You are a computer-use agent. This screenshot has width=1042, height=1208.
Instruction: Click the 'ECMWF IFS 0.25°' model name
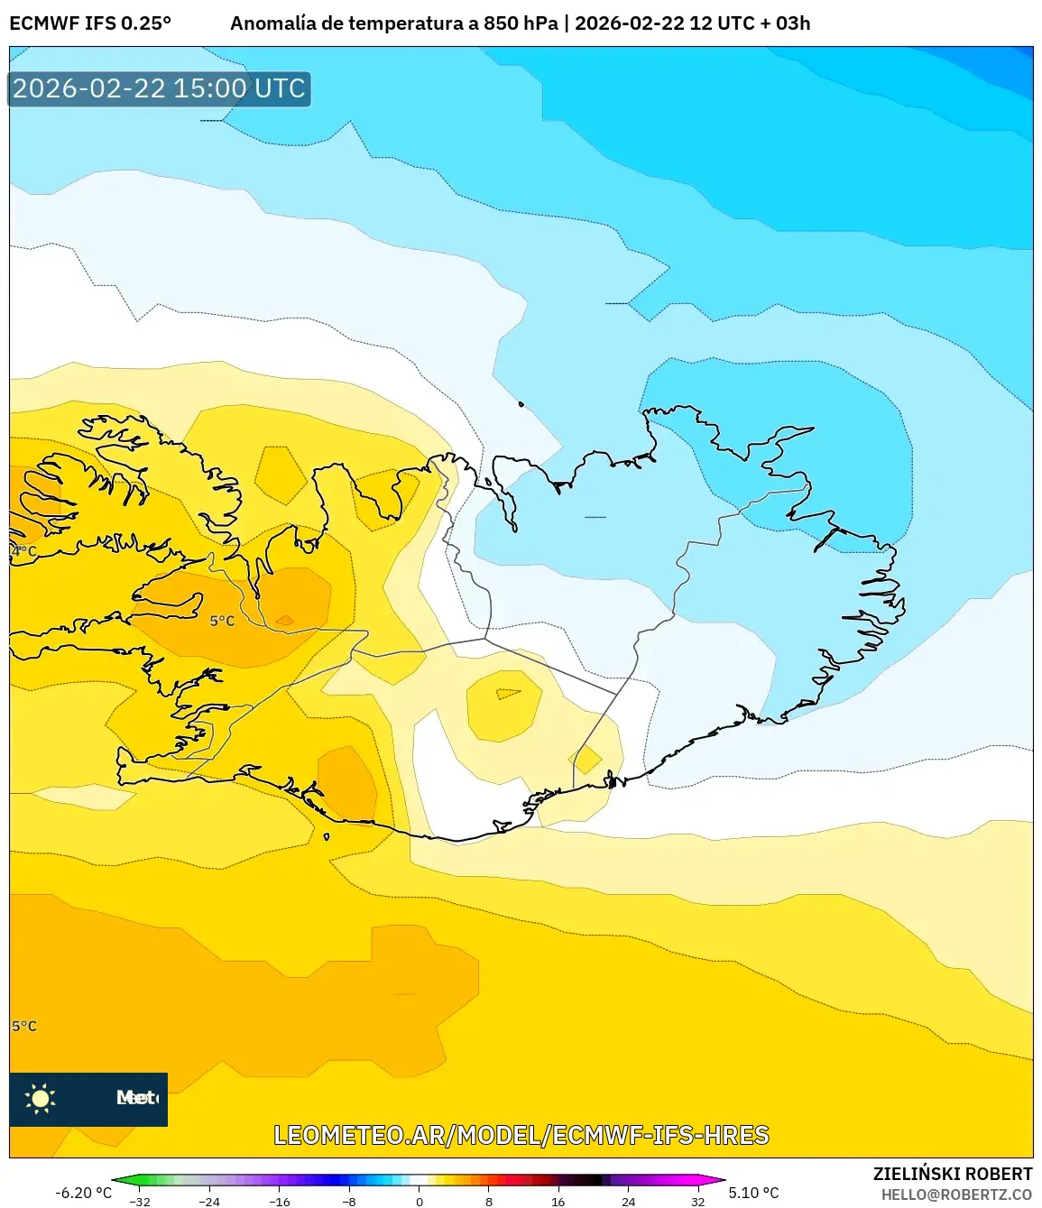(x=90, y=23)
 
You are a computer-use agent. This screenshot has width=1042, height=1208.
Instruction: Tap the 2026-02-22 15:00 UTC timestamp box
(x=160, y=88)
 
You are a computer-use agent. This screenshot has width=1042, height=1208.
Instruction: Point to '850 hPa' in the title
(x=521, y=23)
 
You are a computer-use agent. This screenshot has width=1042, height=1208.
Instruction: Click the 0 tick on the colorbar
(x=419, y=1201)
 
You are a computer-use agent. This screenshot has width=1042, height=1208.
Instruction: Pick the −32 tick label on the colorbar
(x=140, y=1201)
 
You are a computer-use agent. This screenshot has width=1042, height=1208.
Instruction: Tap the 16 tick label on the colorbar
(x=558, y=1201)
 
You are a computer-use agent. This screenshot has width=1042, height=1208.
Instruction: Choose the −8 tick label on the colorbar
(x=348, y=1201)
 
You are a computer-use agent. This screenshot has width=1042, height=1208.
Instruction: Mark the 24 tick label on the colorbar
(x=628, y=1201)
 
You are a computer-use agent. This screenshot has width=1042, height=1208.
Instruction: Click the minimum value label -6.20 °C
(x=84, y=1193)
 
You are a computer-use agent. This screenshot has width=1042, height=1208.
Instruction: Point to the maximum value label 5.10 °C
(x=754, y=1193)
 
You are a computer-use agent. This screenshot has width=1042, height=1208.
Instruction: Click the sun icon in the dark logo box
(x=41, y=1098)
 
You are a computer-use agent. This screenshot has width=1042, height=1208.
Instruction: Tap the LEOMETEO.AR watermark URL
(x=521, y=1135)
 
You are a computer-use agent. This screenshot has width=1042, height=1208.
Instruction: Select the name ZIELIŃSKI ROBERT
(x=952, y=1174)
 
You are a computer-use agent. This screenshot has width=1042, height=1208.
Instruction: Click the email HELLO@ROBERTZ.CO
(x=956, y=1194)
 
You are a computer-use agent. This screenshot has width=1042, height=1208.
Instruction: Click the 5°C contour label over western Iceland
(x=222, y=621)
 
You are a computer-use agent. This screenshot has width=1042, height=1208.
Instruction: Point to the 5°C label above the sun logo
(x=24, y=1026)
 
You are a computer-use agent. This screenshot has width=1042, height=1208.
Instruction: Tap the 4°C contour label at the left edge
(x=24, y=550)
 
